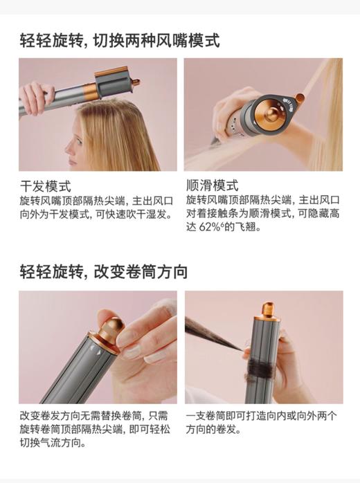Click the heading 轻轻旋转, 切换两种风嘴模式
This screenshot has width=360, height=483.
(x=120, y=40)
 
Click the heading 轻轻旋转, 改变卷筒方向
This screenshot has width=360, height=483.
(x=103, y=272)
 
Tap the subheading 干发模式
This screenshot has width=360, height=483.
(x=44, y=186)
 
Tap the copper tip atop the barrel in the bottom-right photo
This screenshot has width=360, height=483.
(x=267, y=311)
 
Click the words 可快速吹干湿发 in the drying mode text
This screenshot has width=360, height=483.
(x=134, y=214)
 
